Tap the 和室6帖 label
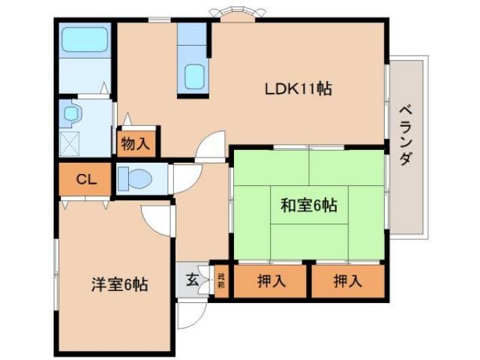coord(308,205)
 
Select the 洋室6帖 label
coord(119,284)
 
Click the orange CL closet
coord(86,179)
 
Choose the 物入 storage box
coord(136,142)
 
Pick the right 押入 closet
coord(347,282)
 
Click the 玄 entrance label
coord(192,282)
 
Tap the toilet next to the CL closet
coord(137,180)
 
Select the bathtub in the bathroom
coord(84,38)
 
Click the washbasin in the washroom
coord(72,114)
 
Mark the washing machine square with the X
coord(73,141)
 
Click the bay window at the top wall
coord(232,13)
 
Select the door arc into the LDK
coord(211,145)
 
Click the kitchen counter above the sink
coord(192,37)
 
